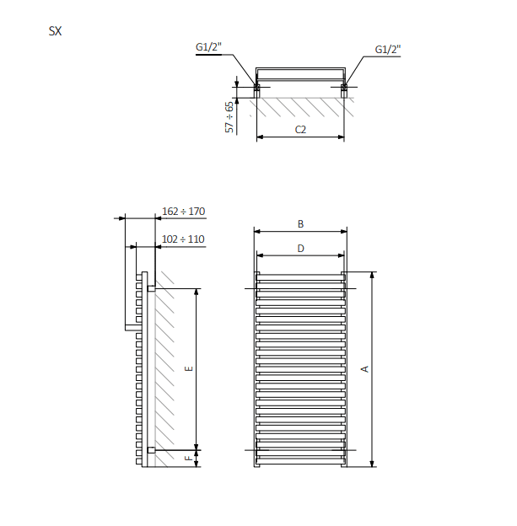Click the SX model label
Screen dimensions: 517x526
coord(55,31)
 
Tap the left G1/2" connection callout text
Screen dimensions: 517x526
coord(208,47)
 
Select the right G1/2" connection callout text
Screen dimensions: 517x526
coord(388,49)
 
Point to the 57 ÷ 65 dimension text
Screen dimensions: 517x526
coord(229,117)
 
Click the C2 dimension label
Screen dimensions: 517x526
coord(300,130)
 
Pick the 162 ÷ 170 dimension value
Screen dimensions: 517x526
coord(183,212)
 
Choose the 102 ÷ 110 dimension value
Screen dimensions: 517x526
coord(183,239)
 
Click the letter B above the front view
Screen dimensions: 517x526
coord(300,223)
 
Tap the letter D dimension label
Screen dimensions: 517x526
coord(300,249)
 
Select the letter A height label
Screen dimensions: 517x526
coord(365,369)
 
